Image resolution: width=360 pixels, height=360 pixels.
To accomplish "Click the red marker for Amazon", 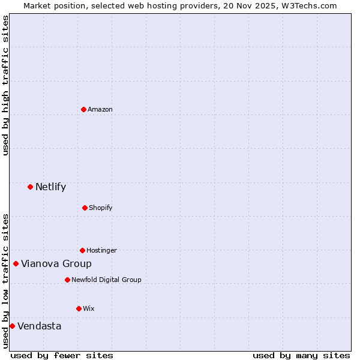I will pos(83,109).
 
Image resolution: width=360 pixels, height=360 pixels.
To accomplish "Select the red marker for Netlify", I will pos(30,187).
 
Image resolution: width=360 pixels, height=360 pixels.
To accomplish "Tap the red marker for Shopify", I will pos(85,208).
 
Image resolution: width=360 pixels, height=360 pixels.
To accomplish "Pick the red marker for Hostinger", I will pos(82,250).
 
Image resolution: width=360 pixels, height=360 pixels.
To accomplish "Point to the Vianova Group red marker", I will pos(16,263).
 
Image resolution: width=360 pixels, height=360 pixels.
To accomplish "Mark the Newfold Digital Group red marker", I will pos(67,280).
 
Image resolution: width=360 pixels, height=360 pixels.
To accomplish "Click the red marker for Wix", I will pos(79,308).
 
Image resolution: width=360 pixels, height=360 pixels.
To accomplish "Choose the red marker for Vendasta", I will pos(12,326).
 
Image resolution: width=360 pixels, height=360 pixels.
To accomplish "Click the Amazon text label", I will pos(100,109).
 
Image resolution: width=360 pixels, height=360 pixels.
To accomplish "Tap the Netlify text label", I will pos(50,187).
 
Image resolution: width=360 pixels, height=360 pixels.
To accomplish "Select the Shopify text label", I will pos(101,208).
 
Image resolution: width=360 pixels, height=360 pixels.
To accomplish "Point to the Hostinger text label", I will pos(101,250).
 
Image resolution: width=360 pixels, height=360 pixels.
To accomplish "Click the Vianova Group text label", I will pos(56,263).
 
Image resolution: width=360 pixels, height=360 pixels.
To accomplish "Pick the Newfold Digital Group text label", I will pos(106,280).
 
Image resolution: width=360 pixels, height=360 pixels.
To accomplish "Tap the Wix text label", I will pos(89,308).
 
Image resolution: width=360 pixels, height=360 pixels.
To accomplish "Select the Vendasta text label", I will pos(39,326).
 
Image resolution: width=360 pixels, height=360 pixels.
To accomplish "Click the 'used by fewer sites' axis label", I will pos(62,355).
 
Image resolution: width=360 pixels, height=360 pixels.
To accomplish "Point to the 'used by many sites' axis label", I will pos(301,355).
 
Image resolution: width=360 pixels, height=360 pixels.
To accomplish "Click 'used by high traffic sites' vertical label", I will pos(6,85).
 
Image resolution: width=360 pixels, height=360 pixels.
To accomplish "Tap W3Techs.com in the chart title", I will pos(309,5).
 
